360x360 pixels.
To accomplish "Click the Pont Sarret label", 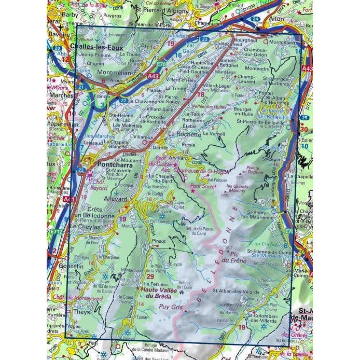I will click(202, 185).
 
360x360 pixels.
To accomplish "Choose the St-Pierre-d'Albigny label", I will click(160, 9).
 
